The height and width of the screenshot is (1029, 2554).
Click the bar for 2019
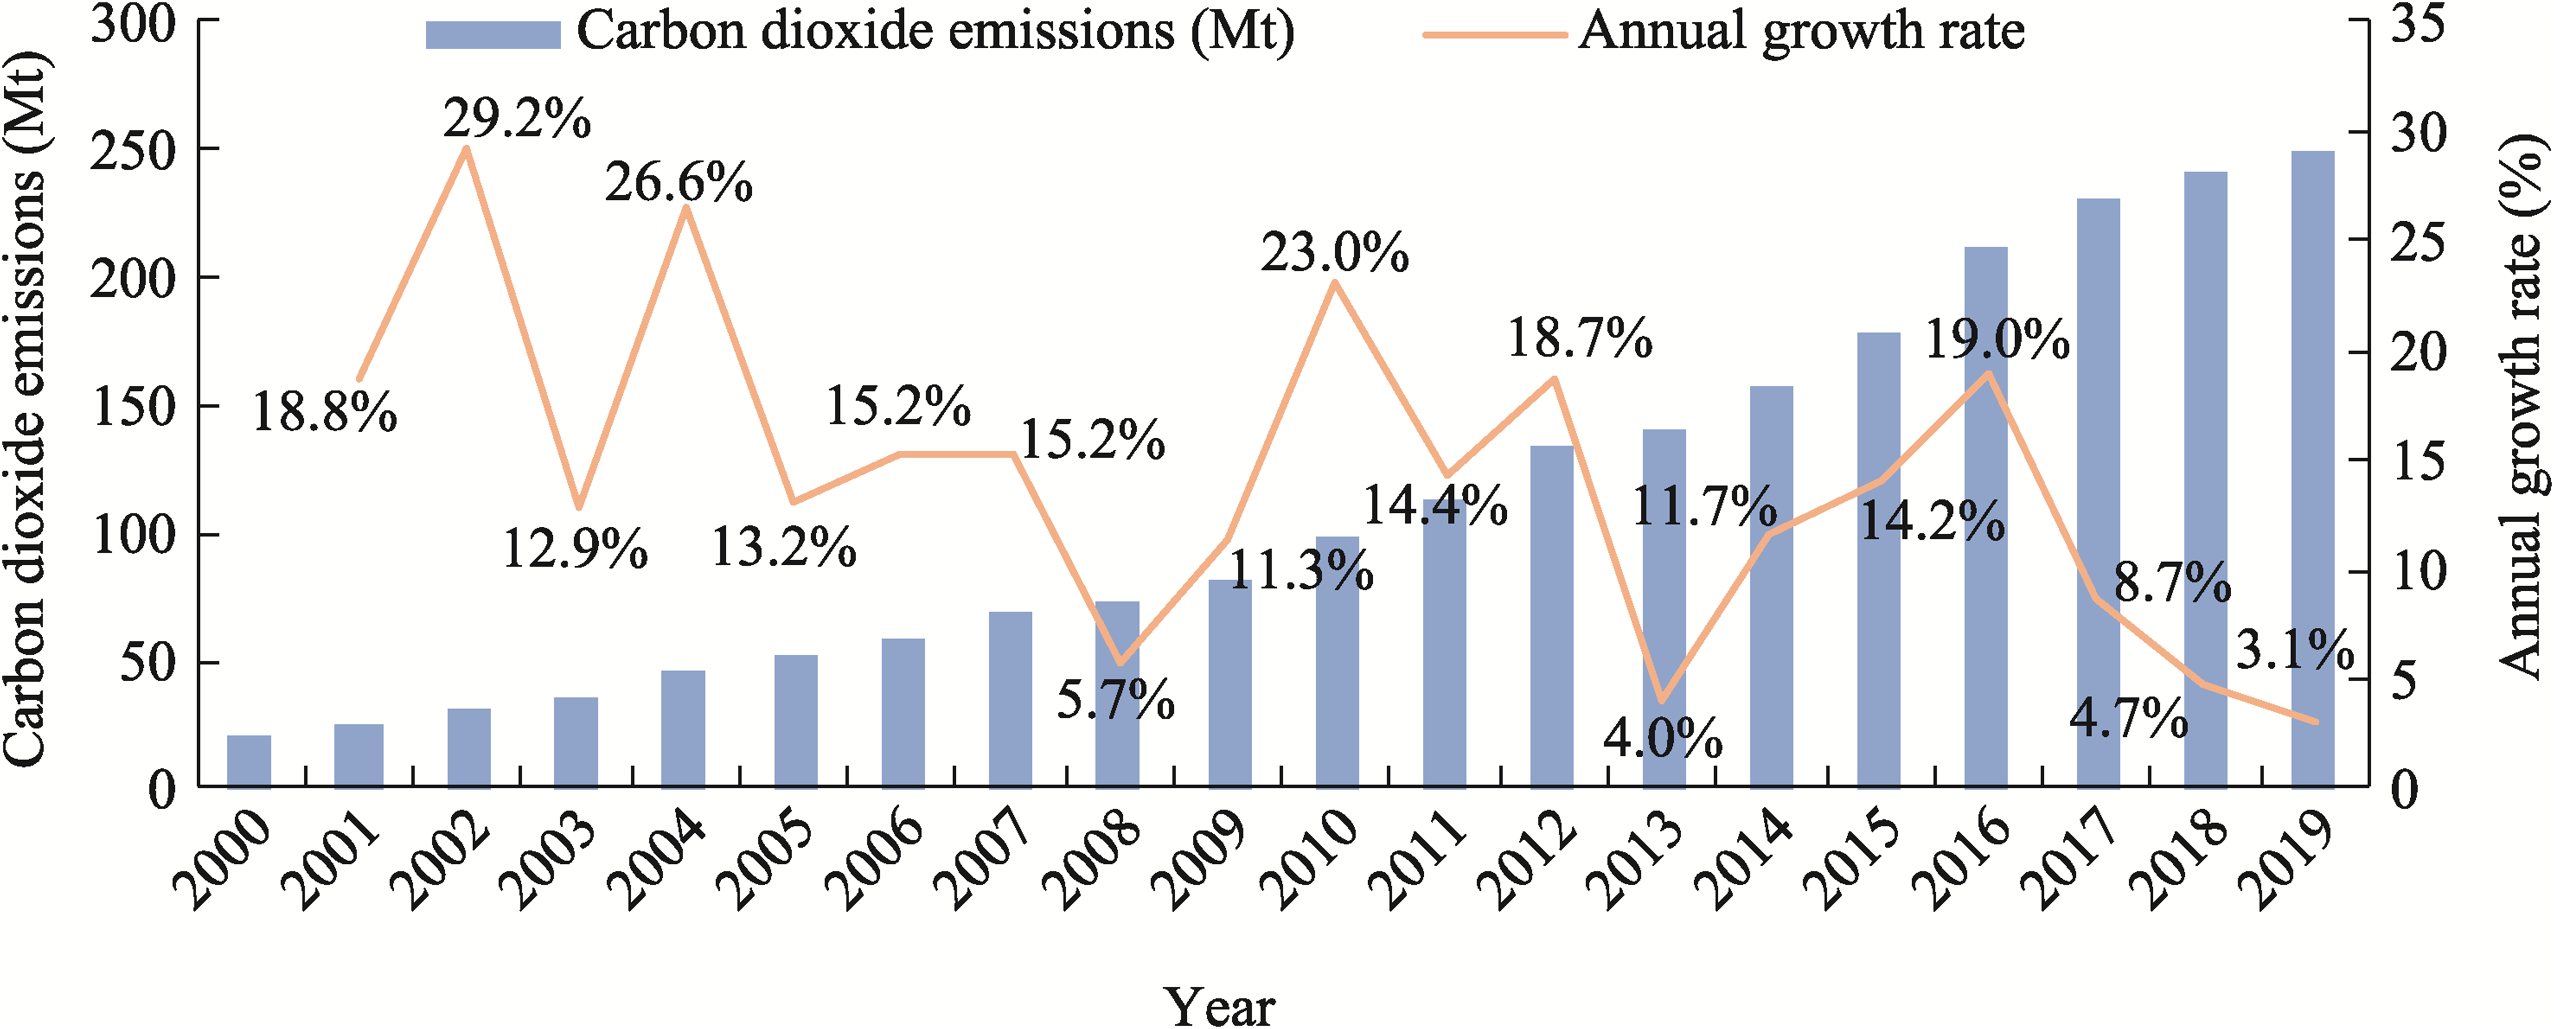(2313, 469)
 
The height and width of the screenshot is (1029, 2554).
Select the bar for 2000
(249, 761)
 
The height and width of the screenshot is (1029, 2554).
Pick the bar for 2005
(796, 721)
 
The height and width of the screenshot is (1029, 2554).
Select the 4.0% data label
(1663, 739)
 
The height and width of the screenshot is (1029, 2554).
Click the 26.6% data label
(679, 182)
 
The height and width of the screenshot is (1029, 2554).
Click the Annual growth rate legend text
(1802, 31)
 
